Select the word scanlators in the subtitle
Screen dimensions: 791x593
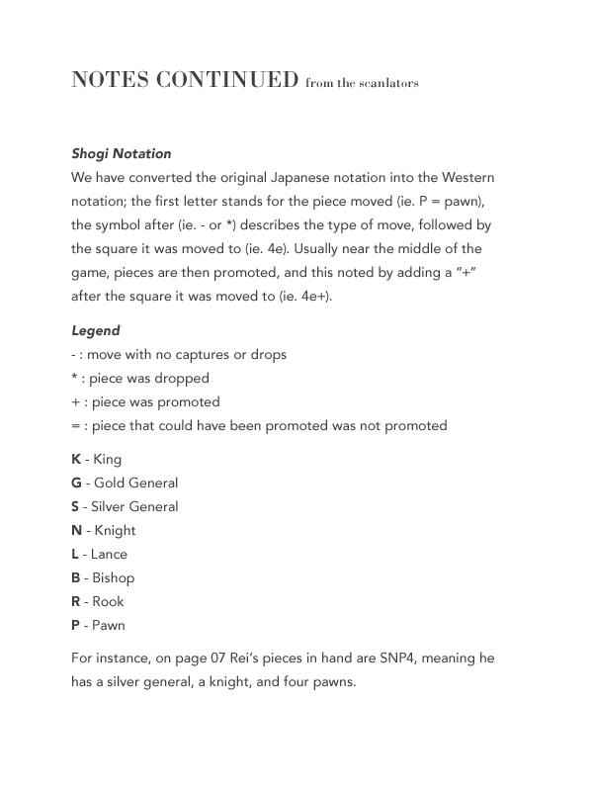pos(389,83)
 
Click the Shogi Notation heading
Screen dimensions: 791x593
pos(122,153)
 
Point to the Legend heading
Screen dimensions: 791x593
pos(96,330)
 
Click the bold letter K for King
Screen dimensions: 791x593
pos(76,459)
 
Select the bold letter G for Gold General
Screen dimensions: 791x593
pos(76,483)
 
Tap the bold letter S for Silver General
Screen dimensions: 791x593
pos(76,506)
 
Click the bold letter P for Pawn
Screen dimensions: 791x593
pos(76,625)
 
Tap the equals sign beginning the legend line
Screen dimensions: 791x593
pos(75,425)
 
